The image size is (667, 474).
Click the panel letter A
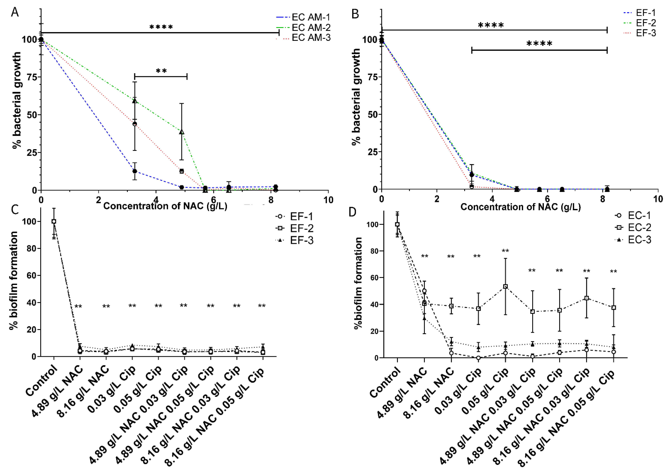15,12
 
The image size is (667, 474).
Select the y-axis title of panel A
17,100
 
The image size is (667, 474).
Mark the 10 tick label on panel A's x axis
328,200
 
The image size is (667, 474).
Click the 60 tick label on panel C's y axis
31,276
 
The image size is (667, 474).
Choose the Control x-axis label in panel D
385,382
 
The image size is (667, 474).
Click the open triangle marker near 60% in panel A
134,101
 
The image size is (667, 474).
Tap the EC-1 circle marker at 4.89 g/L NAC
424,291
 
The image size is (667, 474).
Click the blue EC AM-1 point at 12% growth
134,171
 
